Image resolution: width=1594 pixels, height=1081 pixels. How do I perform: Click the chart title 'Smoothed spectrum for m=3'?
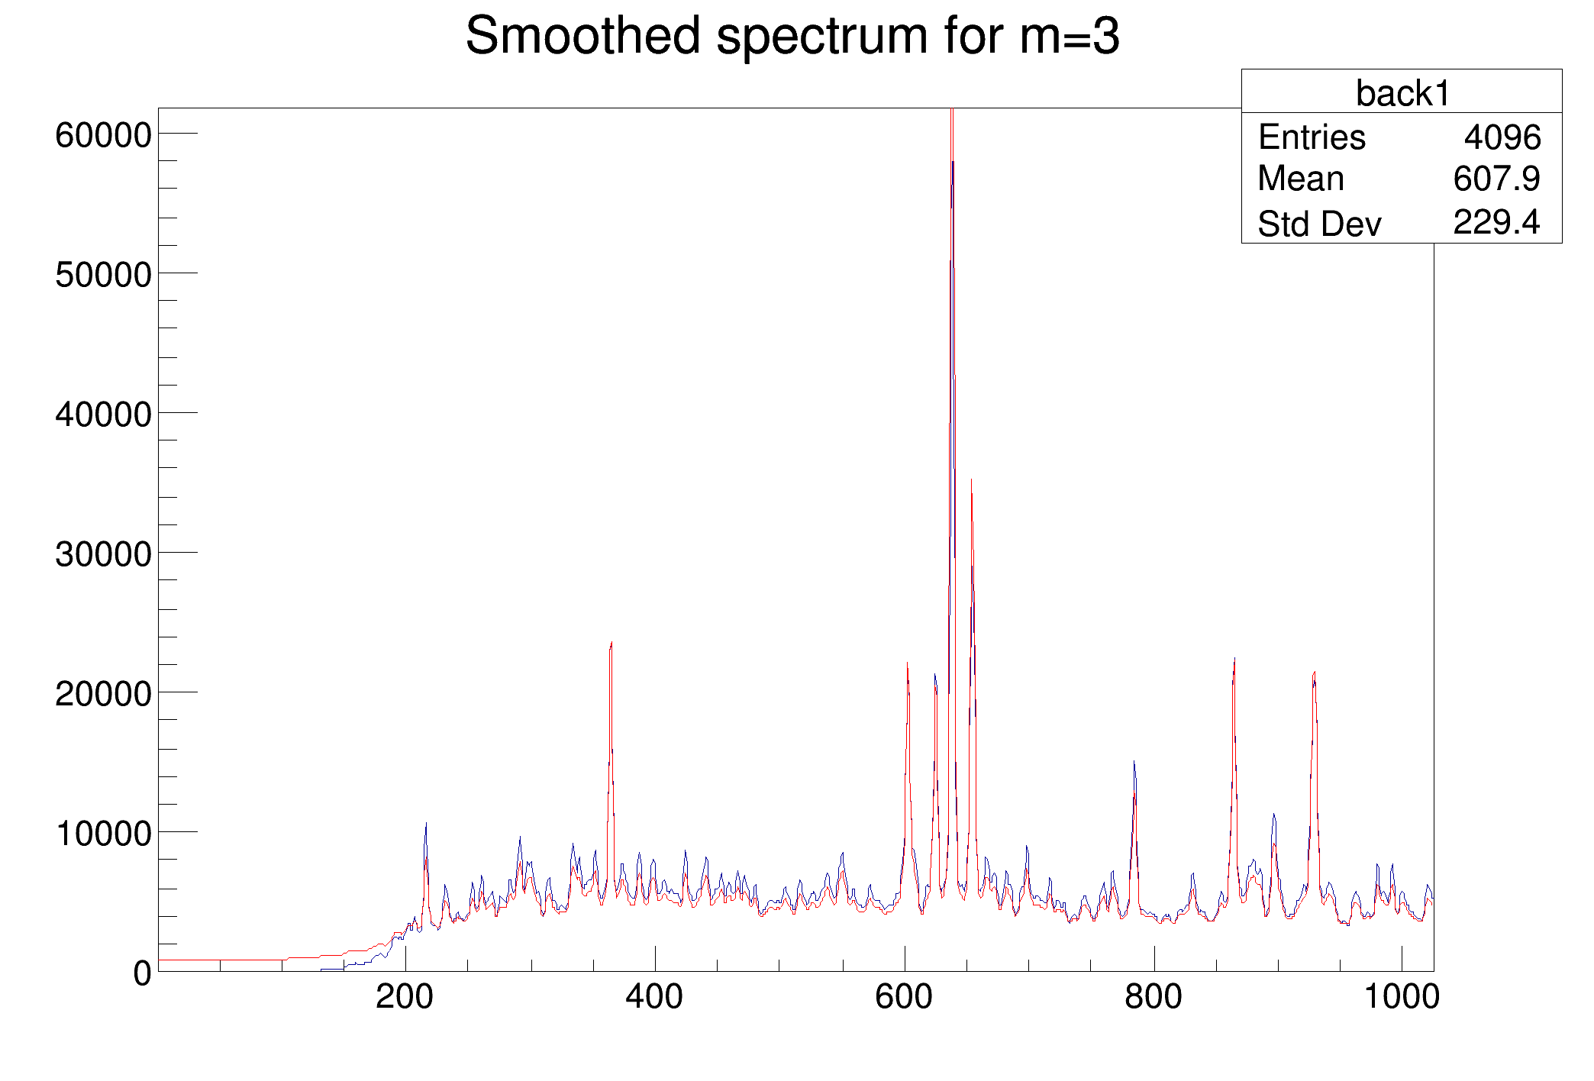pyautogui.click(x=792, y=36)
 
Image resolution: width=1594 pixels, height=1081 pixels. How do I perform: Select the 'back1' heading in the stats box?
pyautogui.click(x=1402, y=93)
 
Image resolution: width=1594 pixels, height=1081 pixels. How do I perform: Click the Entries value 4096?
pyautogui.click(x=1502, y=137)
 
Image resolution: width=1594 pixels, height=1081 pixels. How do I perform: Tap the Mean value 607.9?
pyautogui.click(x=1496, y=179)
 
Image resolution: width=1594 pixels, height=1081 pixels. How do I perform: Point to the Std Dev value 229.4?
pyautogui.click(x=1496, y=222)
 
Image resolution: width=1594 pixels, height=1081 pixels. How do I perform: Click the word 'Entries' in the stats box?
pyautogui.click(x=1312, y=137)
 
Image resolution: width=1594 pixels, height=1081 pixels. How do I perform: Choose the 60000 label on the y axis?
pyautogui.click(x=103, y=136)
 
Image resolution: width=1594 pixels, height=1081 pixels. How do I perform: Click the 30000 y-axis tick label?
pyautogui.click(x=103, y=554)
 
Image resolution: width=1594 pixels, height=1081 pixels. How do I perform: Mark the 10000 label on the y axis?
pyautogui.click(x=103, y=834)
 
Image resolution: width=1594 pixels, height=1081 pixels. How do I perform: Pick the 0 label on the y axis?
pyautogui.click(x=142, y=973)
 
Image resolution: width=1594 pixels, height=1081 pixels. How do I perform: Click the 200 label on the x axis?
pyautogui.click(x=405, y=997)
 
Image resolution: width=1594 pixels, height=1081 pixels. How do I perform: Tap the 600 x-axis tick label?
pyautogui.click(x=904, y=997)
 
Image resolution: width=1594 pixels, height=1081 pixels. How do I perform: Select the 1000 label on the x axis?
pyautogui.click(x=1402, y=997)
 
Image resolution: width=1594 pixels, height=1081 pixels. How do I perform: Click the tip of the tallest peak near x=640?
pyautogui.click(x=952, y=111)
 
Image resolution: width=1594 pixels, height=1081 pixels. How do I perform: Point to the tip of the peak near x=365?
pyautogui.click(x=611, y=644)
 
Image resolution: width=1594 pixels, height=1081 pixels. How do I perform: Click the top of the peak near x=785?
pyautogui.click(x=1134, y=762)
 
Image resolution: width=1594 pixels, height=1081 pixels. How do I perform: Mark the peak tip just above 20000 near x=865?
pyautogui.click(x=1234, y=660)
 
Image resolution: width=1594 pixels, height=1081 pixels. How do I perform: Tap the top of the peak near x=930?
pyautogui.click(x=1315, y=673)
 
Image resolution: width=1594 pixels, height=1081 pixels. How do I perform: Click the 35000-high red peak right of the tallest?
pyautogui.click(x=971, y=481)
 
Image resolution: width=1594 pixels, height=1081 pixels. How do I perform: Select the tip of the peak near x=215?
pyautogui.click(x=426, y=824)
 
